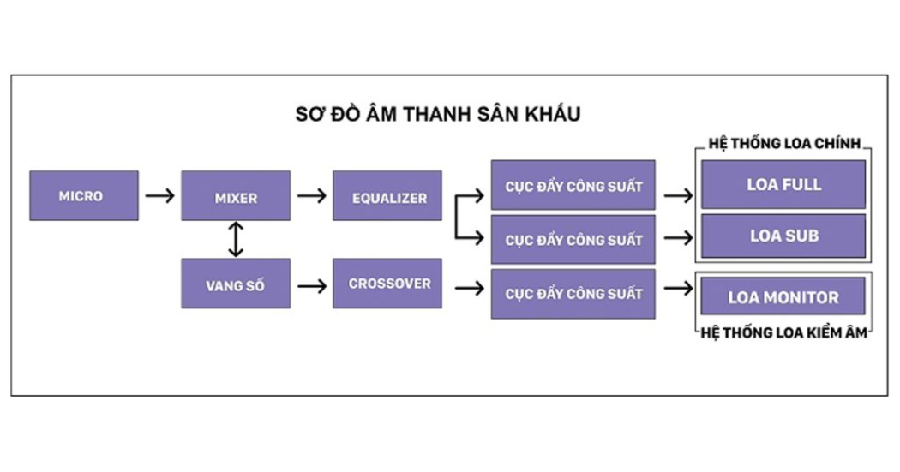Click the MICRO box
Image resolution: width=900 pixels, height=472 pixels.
coord(84,195)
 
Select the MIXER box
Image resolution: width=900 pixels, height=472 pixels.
coord(236,195)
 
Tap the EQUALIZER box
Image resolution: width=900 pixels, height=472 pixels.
coord(387,195)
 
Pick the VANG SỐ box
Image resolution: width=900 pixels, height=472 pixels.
coord(236,284)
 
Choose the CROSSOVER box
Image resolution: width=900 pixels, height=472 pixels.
coord(387,284)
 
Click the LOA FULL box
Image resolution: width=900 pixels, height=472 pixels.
coord(783,184)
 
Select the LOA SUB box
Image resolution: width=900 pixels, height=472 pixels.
coord(783,236)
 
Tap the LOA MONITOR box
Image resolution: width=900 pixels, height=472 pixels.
coord(783,296)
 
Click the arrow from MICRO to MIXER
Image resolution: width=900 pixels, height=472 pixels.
coord(159,195)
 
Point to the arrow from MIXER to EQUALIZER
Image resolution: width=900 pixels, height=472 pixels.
coord(312,195)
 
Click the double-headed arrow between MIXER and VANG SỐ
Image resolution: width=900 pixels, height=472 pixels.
coord(236,239)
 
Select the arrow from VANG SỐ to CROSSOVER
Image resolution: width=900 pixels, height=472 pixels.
coord(312,285)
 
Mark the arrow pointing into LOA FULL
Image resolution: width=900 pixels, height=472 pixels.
coord(679,195)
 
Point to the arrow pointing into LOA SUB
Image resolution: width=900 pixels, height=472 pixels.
coord(679,237)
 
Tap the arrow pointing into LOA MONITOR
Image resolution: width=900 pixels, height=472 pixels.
coord(679,287)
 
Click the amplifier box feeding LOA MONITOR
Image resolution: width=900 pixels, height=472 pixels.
coord(573,294)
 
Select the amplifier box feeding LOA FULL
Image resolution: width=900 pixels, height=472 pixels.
coord(573,185)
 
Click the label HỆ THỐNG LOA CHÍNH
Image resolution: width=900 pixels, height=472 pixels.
coord(784,143)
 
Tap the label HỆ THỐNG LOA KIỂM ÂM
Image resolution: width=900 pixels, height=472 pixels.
coord(784,332)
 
